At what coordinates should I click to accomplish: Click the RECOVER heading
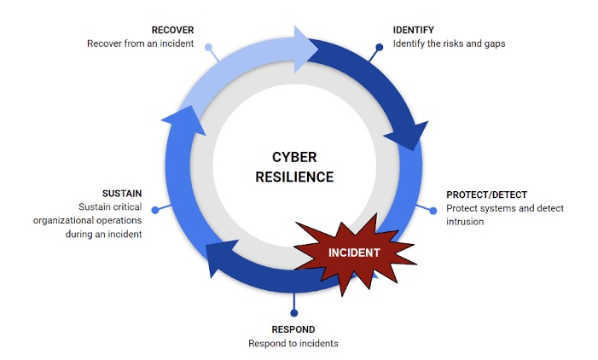coord(172,30)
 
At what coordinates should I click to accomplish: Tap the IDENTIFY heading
coord(414,30)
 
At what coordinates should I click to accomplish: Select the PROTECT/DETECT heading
coord(486,195)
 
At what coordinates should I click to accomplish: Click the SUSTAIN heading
coord(122,194)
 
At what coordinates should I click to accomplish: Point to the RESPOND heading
coord(293,329)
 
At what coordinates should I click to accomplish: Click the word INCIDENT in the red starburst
coord(354,253)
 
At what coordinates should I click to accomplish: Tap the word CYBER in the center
coord(294,157)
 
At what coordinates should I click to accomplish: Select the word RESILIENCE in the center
coord(294,177)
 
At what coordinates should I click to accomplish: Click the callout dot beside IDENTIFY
coord(379,47)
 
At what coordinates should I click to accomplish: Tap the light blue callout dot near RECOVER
coord(208,47)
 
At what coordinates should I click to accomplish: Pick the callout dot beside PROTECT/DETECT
coord(433,211)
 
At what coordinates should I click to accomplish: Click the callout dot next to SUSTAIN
coord(155,210)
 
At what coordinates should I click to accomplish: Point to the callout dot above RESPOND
coord(293,313)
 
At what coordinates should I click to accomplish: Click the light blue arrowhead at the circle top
coord(305,49)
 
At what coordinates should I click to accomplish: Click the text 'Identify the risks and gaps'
coord(449,44)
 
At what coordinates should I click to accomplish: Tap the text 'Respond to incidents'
coord(293,343)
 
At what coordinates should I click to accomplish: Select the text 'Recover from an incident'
coord(141,44)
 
